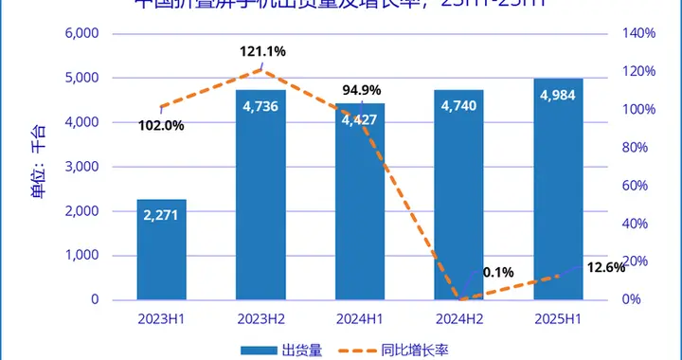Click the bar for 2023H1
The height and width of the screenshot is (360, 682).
[x=161, y=250]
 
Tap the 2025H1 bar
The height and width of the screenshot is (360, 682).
[x=558, y=189]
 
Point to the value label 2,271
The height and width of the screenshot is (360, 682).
[x=161, y=215]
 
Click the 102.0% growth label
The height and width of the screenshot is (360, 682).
[x=161, y=125]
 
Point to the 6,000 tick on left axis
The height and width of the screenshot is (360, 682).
[x=81, y=33]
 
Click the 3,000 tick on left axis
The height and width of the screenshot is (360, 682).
[x=81, y=167]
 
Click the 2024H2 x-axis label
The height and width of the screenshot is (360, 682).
[x=458, y=318]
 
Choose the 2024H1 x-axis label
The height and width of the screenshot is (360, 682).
[x=360, y=318]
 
